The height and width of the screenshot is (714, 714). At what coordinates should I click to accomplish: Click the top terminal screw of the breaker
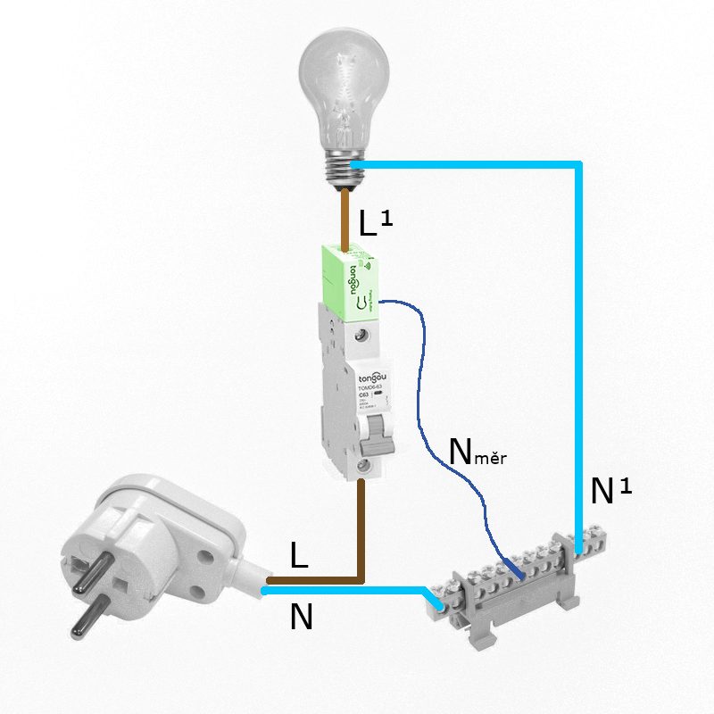362,334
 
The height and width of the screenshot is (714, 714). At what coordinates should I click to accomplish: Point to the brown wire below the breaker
361,527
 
